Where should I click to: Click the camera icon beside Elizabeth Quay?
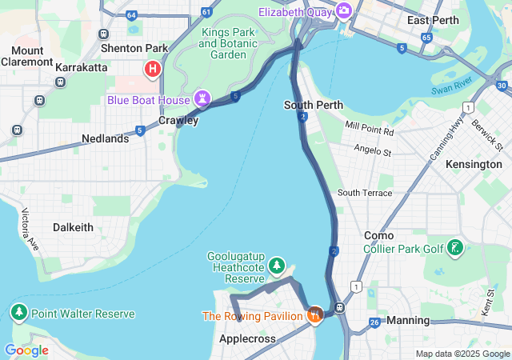(x=344, y=10)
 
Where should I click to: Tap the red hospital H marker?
(x=152, y=70)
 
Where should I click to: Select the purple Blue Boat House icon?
(x=202, y=99)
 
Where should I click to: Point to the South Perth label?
(x=314, y=105)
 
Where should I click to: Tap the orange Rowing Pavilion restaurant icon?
(x=315, y=315)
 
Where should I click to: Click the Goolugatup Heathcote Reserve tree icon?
(x=277, y=264)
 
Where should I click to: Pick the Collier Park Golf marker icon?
(x=455, y=248)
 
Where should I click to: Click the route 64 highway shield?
(x=130, y=14)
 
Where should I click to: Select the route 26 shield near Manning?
(x=374, y=322)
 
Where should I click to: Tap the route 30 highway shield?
(x=502, y=86)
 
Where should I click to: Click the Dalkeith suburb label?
(x=73, y=227)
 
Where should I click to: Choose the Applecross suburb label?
(x=247, y=338)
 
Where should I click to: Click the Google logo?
(x=26, y=350)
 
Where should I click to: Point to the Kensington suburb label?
(x=474, y=164)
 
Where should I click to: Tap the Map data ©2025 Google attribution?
(x=462, y=354)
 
